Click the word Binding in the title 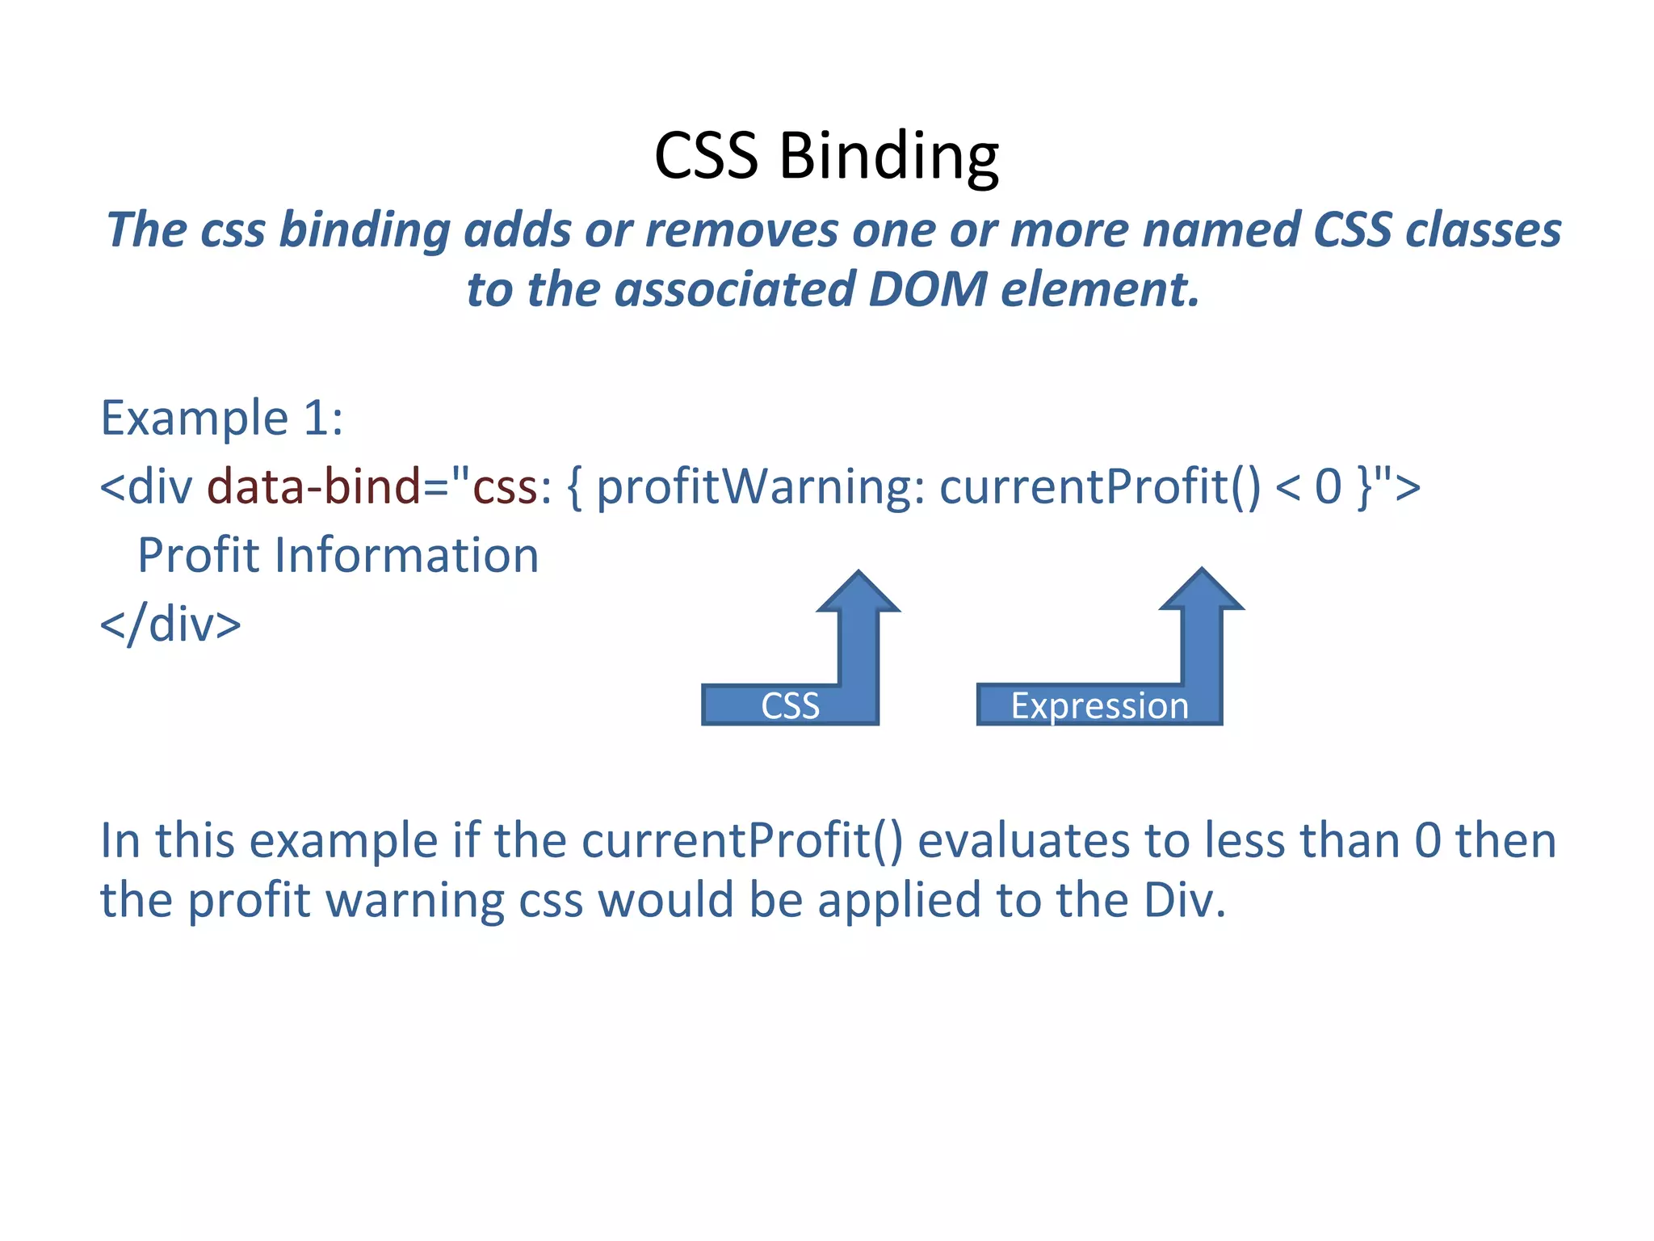point(888,155)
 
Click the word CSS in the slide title point(706,155)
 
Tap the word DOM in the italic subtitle point(927,289)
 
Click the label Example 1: point(221,419)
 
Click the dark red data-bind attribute point(313,487)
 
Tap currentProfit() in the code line point(1099,487)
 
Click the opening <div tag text point(146,487)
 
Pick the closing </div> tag point(170,625)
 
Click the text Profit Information point(338,556)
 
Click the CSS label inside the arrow point(790,706)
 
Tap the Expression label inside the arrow point(1099,706)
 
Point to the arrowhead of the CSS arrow point(858,594)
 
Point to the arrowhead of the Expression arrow point(1202,591)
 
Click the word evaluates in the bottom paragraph point(1023,840)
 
